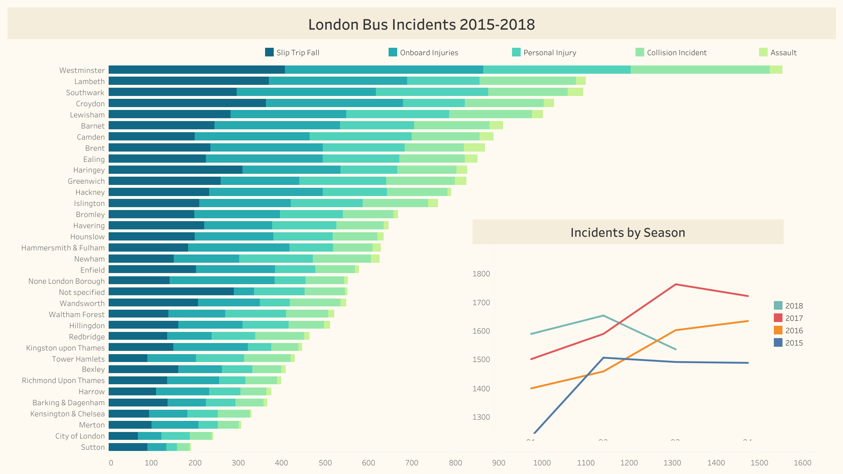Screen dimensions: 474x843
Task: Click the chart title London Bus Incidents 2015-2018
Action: point(421,25)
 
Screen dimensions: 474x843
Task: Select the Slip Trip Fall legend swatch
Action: point(269,52)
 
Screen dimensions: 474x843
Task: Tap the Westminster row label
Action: point(82,70)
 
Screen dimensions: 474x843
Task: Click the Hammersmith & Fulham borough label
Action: point(63,248)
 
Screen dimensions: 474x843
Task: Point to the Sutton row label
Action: point(93,447)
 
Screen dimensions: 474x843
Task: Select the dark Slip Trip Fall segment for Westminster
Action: point(197,70)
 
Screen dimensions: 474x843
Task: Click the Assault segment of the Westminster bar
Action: point(776,70)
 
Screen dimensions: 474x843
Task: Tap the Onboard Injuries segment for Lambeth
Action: point(338,81)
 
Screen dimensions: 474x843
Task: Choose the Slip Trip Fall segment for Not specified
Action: point(171,292)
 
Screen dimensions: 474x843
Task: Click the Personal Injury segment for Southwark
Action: point(432,92)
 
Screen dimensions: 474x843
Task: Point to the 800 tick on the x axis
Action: point(455,463)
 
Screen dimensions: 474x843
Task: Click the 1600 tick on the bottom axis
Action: point(802,463)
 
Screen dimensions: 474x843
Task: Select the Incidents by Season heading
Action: point(628,233)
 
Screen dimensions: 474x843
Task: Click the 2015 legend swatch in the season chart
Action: point(778,343)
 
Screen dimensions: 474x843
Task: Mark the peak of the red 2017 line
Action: point(676,284)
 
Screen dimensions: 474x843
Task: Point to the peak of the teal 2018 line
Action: point(603,315)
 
